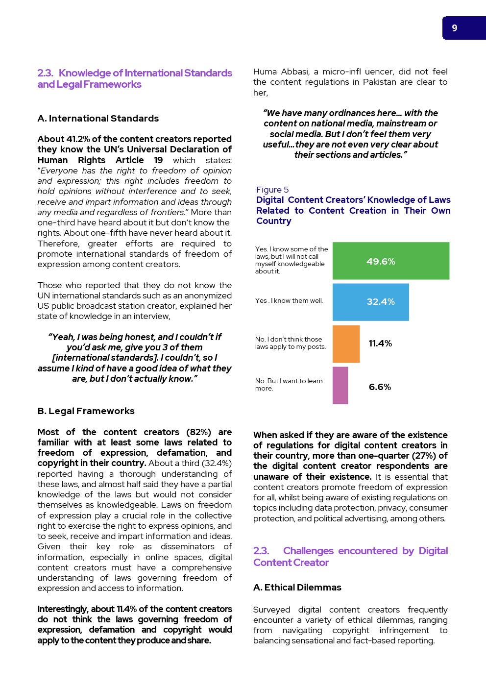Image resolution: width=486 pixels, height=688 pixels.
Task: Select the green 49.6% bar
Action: pos(390,261)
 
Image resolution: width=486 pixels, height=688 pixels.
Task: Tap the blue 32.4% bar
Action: pos(370,302)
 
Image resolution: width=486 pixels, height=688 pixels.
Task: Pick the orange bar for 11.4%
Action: pos(346,344)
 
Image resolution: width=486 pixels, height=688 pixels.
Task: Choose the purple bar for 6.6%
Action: pos(340,385)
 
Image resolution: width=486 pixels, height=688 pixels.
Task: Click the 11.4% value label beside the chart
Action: pos(380,344)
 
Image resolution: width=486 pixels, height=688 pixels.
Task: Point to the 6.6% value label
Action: pos(380,387)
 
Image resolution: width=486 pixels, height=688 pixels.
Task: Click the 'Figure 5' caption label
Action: pos(272,190)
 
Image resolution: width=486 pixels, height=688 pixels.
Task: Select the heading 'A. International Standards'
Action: pos(98,119)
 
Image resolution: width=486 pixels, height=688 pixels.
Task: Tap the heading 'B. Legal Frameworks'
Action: pos(86,411)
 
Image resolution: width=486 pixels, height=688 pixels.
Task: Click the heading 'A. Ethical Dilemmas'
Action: pos(297,588)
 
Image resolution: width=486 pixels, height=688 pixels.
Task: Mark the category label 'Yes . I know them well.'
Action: pos(289,301)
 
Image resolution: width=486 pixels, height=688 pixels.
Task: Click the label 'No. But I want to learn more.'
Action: pos(289,385)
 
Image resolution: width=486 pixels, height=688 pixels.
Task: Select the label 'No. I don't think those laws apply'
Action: pos(290,343)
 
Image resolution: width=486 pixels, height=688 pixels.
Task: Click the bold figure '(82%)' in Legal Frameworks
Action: pos(198,432)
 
